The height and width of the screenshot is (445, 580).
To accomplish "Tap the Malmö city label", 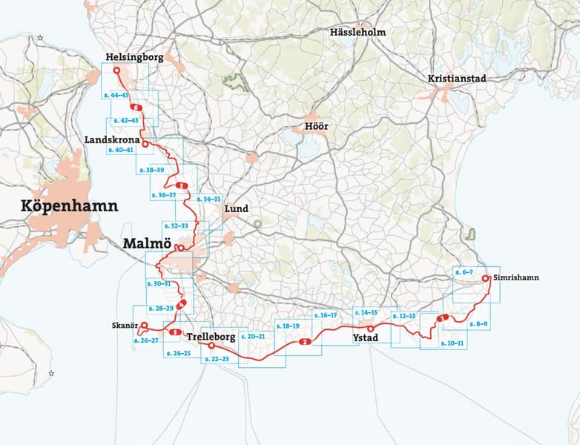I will point(147,244).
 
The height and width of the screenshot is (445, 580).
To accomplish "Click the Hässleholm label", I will point(357,32).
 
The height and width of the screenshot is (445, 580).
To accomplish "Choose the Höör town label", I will point(316,126).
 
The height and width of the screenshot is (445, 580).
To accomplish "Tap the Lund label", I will point(237,208).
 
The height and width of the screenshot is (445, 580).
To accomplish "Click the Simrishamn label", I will point(515,277).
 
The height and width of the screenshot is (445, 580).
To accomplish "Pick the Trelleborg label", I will point(211,337).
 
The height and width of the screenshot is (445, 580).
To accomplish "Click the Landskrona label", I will point(110,139).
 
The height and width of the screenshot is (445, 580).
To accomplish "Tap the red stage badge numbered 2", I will point(304,342).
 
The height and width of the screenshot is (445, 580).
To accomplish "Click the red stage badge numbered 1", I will point(442,319).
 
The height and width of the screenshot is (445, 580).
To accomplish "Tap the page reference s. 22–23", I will point(215,359).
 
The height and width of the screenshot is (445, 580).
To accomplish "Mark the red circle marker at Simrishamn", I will point(485,278).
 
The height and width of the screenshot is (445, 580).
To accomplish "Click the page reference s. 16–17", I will point(325,315).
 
